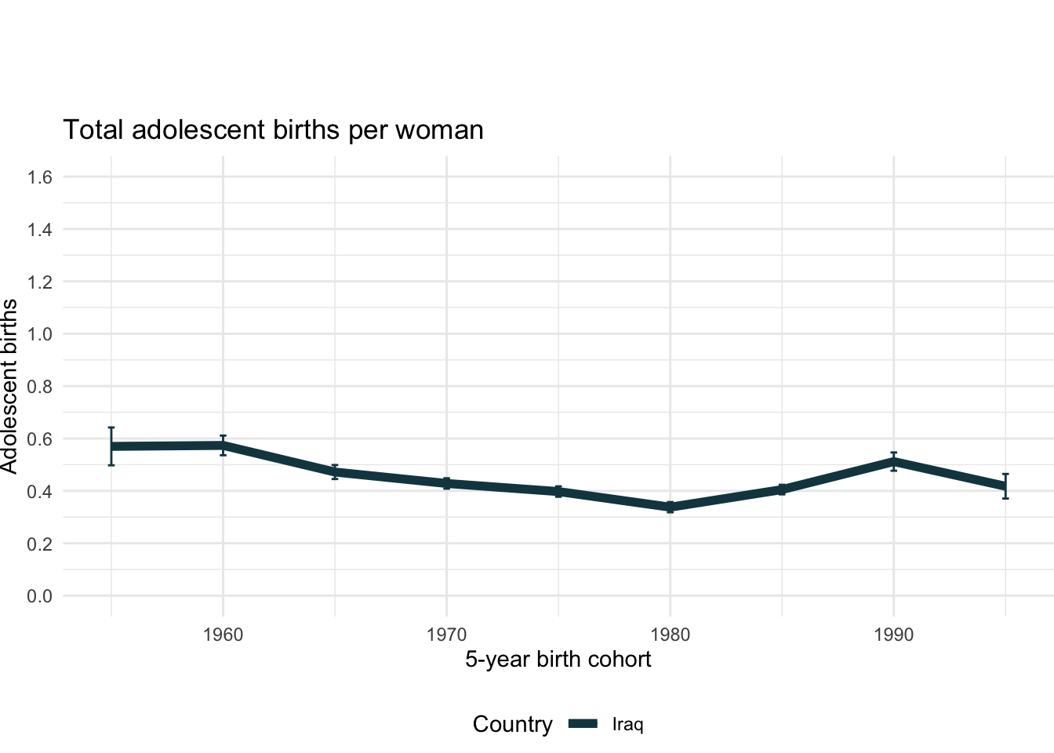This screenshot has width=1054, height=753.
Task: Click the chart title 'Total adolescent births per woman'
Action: click(x=273, y=130)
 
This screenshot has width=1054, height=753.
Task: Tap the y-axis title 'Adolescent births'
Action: click(x=9, y=386)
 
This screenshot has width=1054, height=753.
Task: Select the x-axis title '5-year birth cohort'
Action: click(x=558, y=660)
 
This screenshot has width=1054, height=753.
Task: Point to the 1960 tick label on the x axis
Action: click(x=223, y=635)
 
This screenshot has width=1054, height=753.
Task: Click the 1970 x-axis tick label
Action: click(x=446, y=635)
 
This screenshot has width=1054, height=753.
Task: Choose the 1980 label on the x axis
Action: click(x=670, y=635)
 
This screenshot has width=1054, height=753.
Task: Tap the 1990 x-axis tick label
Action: click(x=893, y=635)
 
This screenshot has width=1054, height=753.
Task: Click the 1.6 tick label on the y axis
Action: click(x=39, y=177)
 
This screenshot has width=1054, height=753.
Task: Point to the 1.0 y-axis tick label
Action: click(x=39, y=334)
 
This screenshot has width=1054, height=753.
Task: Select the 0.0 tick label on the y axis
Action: click(x=39, y=596)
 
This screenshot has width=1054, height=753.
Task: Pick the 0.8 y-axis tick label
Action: click(x=39, y=387)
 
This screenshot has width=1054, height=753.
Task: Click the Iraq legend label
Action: click(x=627, y=724)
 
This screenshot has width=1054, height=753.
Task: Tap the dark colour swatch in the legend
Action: click(x=583, y=724)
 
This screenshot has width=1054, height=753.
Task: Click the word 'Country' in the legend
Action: click(x=512, y=724)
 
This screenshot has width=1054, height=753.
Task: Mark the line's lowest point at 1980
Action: click(x=670, y=507)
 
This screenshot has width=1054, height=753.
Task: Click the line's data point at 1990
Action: click(x=893, y=461)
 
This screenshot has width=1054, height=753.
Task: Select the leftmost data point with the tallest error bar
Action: click(x=111, y=446)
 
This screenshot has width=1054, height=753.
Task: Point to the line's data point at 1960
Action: click(x=223, y=446)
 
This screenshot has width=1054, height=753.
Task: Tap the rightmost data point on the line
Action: click(x=1005, y=486)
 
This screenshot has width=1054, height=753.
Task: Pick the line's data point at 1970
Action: click(x=446, y=483)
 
